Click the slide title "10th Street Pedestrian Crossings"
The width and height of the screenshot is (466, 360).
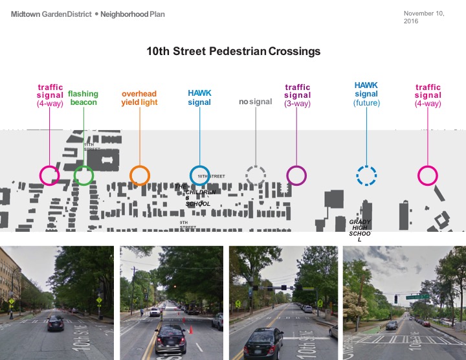[233, 51]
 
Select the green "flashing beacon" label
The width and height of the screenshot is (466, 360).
[83, 98]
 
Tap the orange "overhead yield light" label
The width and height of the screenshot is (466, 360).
[139, 98]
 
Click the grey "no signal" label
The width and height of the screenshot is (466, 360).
[255, 102]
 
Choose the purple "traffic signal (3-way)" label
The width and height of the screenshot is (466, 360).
[297, 95]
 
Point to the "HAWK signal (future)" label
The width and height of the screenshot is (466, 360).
[366, 94]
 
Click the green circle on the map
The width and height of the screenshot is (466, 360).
[83, 175]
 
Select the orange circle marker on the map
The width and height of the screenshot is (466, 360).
[139, 175]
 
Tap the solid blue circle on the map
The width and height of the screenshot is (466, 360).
[199, 175]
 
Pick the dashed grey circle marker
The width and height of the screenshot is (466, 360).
[255, 175]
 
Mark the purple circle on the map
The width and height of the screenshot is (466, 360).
[296, 175]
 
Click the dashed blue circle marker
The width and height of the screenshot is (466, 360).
[366, 175]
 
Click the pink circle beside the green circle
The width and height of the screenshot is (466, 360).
[49, 175]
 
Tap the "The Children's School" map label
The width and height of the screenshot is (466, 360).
[197, 195]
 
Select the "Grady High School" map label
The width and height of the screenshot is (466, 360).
[360, 231]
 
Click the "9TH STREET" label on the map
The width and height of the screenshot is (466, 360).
[188, 225]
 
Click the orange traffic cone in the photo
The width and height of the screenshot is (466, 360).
[184, 320]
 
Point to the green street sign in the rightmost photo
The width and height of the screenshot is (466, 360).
[417, 297]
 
